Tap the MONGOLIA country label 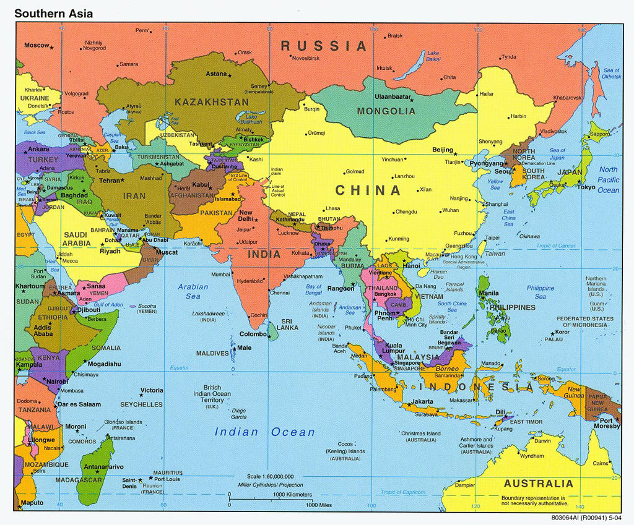386,111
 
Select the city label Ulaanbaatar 393,97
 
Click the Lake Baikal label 433,56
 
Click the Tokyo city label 586,187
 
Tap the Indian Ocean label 264,432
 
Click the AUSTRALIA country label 538,484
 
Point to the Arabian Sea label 193,291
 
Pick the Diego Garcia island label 239,414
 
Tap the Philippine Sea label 541,292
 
